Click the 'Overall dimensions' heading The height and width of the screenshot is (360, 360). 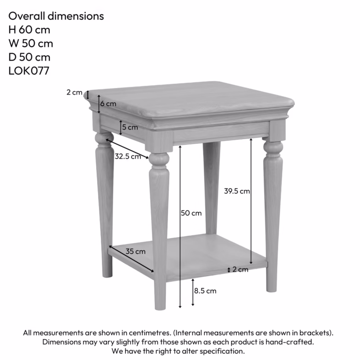click(56, 16)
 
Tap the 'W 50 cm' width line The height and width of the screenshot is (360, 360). click(30, 44)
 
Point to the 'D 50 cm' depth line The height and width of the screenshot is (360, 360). click(29, 57)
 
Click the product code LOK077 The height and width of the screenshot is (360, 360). click(29, 71)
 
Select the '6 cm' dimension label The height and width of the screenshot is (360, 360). click(108, 104)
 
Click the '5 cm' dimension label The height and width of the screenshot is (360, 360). click(130, 127)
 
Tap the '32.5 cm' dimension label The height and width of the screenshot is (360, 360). click(128, 156)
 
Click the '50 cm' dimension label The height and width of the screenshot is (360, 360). click(191, 213)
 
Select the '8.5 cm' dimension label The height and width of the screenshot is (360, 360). click(205, 290)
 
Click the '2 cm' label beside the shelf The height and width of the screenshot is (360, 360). click(240, 269)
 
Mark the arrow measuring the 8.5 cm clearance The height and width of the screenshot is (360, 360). click(193, 292)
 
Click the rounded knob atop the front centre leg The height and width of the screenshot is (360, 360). click(158, 159)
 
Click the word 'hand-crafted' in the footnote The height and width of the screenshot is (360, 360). click(291, 342)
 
